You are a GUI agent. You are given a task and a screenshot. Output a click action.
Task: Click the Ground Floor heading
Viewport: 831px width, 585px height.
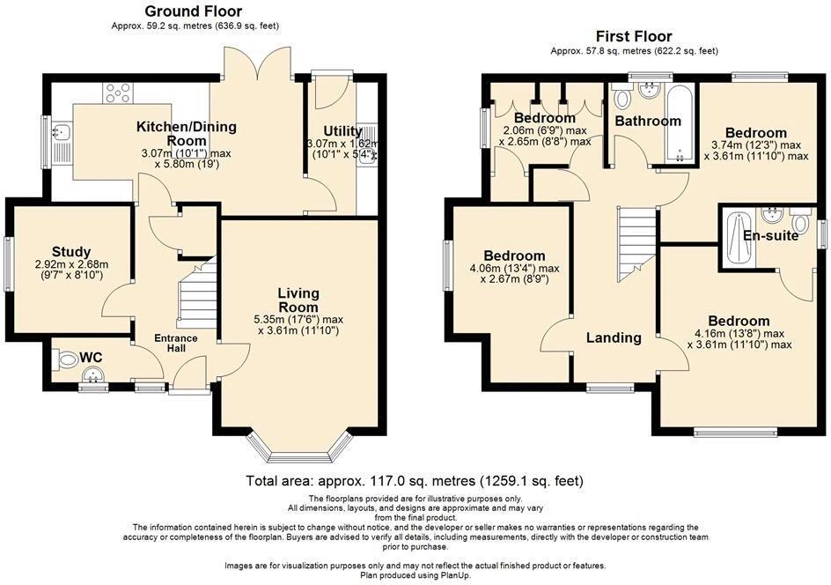coord(194,11)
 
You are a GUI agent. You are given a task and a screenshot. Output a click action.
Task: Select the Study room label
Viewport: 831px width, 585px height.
coord(71,252)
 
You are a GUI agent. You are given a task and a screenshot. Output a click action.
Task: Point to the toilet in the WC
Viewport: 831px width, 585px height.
coord(66,360)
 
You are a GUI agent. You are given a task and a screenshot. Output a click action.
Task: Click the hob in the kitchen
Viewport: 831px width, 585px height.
coord(117,91)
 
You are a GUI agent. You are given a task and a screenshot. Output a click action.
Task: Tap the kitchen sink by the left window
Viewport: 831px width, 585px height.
coord(63,137)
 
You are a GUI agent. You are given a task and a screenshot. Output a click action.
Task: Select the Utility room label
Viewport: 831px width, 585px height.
coord(342,131)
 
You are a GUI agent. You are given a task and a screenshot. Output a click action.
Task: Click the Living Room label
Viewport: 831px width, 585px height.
coord(298,300)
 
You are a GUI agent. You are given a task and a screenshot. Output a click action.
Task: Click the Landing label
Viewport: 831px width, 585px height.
coord(614,337)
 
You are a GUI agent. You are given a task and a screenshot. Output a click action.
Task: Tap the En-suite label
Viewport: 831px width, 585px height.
coord(771,236)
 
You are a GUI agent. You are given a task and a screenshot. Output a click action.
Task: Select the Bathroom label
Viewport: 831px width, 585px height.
coord(648,121)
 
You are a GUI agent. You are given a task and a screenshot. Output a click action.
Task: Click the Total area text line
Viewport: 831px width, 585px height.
coord(415,482)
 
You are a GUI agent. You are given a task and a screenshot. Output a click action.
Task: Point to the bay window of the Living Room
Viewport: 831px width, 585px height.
coord(300,449)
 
